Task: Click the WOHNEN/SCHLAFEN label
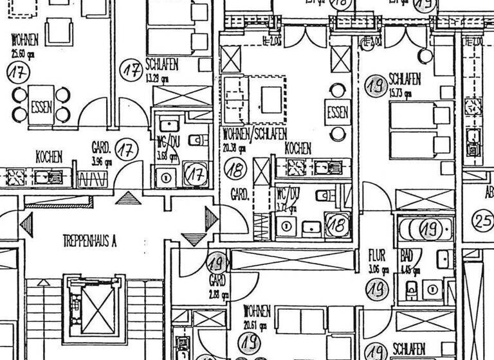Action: point(255,135)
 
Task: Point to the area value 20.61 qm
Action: point(254,325)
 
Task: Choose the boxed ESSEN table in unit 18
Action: point(338,113)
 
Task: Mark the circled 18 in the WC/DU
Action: point(336,224)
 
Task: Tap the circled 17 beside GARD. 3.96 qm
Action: point(127,150)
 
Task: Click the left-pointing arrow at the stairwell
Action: point(26,225)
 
